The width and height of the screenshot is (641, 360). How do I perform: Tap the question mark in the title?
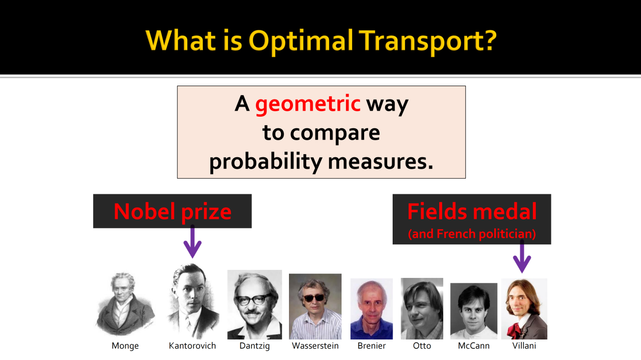(x=487, y=40)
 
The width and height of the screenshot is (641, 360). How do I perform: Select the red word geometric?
(x=307, y=104)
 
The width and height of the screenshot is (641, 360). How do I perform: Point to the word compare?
(x=335, y=133)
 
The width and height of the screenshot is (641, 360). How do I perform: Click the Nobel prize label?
(x=172, y=211)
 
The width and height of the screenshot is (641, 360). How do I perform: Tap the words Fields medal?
(x=472, y=211)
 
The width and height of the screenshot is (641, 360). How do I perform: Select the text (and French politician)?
(x=472, y=234)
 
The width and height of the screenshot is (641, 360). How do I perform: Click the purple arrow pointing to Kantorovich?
(x=193, y=241)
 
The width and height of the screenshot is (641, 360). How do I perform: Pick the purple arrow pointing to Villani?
(x=522, y=256)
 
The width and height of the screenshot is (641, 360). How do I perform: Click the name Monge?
(x=125, y=345)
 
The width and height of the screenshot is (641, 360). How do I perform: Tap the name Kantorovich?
(x=192, y=345)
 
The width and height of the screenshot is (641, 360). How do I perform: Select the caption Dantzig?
(x=254, y=345)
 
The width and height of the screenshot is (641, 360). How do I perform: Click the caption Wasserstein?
(x=315, y=345)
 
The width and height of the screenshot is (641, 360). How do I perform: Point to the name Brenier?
(x=372, y=345)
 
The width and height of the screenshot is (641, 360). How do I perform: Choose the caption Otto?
(x=422, y=345)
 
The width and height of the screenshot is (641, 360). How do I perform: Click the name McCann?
(x=474, y=345)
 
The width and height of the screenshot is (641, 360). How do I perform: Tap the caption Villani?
(x=524, y=345)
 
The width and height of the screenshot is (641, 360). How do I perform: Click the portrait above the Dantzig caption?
(x=254, y=304)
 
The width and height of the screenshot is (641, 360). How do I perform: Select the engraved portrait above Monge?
(x=125, y=304)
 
